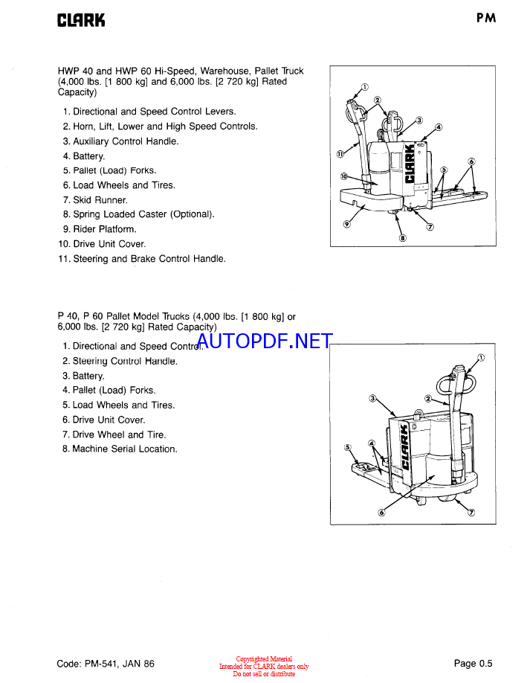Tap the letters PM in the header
click(486, 19)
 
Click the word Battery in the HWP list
click(88, 156)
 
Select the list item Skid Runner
click(100, 200)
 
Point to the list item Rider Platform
click(104, 229)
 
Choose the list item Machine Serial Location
click(124, 449)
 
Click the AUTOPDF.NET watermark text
click(265, 341)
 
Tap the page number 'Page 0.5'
click(473, 664)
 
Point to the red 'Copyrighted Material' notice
click(264, 659)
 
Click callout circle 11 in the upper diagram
click(340, 155)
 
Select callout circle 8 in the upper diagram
click(403, 239)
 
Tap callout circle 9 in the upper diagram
click(346, 224)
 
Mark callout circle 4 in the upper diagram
click(439, 127)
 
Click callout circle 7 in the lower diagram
click(471, 513)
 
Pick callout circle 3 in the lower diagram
click(373, 399)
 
